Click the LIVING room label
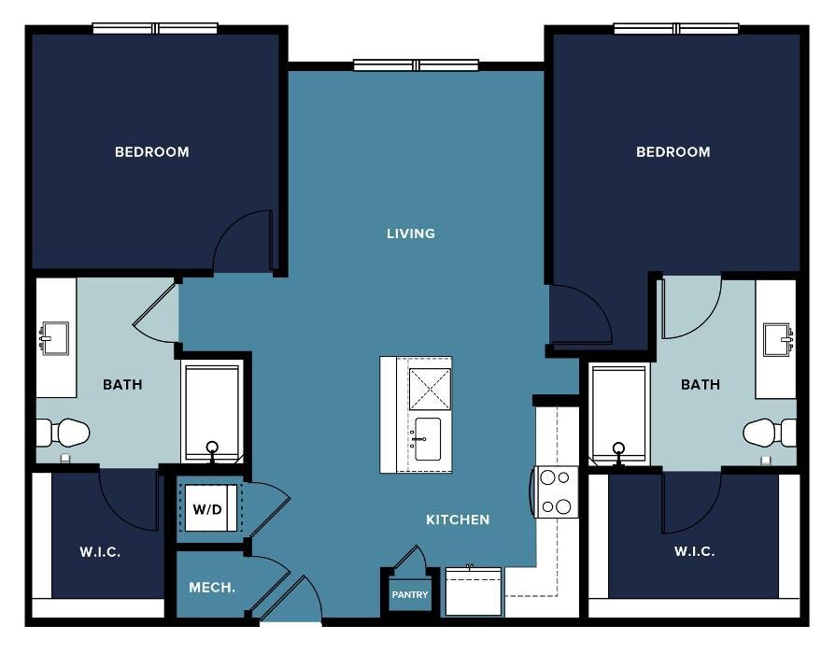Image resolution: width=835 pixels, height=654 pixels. tap(411, 234)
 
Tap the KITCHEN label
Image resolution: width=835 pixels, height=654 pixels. tap(458, 519)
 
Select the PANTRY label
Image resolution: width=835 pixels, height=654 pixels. tap(409, 594)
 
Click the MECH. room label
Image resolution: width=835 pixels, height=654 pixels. tap(212, 588)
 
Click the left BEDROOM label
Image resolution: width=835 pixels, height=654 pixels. tap(151, 151)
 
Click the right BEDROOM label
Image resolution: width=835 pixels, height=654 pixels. tap(673, 151)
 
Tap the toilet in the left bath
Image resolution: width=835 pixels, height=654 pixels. tap(63, 432)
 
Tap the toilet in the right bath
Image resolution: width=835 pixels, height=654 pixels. tap(770, 432)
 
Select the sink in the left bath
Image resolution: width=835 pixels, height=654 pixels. tap(54, 338)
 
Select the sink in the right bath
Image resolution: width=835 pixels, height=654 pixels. tap(778, 340)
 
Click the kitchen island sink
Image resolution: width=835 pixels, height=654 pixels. tap(427, 439)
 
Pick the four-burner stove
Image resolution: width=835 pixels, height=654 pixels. tap(556, 491)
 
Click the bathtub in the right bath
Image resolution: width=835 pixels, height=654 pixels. tap(619, 413)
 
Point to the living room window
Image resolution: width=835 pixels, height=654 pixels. tap(416, 65)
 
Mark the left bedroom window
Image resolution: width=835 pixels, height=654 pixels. tap(155, 28)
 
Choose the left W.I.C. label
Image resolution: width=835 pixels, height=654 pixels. tap(100, 552)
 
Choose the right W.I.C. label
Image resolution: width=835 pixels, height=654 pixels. tap(694, 550)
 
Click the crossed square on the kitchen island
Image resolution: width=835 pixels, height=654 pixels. tap(430, 390)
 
